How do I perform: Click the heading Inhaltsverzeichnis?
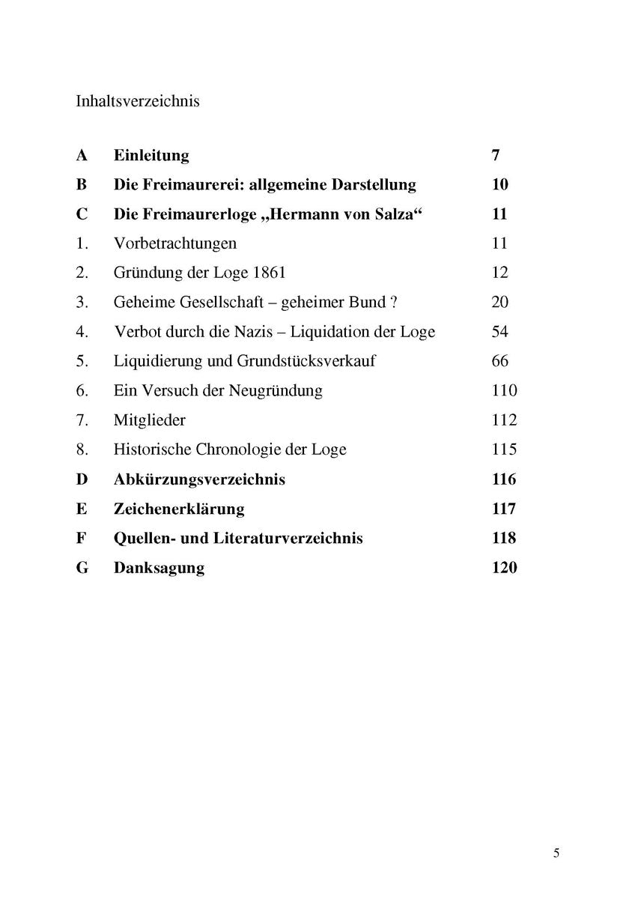(138, 100)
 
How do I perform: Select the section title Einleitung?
(151, 156)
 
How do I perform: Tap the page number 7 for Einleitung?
(496, 156)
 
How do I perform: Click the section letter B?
(82, 185)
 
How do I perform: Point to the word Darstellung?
(371, 185)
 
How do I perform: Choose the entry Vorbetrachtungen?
(175, 243)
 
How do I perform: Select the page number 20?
(499, 302)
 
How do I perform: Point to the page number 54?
(499, 332)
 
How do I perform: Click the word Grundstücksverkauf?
(306, 361)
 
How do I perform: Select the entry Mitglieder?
(150, 420)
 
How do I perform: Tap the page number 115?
(504, 449)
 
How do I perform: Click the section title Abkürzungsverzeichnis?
(199, 479)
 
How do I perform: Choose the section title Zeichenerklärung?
(179, 509)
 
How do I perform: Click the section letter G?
(82, 568)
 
